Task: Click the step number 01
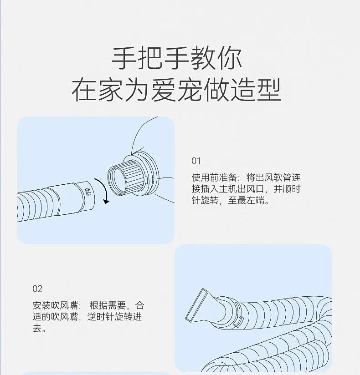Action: [196, 161]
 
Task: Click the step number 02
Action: [37, 289]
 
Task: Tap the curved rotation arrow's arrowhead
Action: [106, 202]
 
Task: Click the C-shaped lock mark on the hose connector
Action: [88, 191]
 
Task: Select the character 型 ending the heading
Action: [269, 90]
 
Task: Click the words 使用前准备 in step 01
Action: [214, 177]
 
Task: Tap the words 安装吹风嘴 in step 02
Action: [55, 305]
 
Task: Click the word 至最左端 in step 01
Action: [246, 200]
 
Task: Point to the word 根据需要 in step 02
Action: [108, 305]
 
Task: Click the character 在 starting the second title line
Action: [84, 90]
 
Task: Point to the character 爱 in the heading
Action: [164, 90]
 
